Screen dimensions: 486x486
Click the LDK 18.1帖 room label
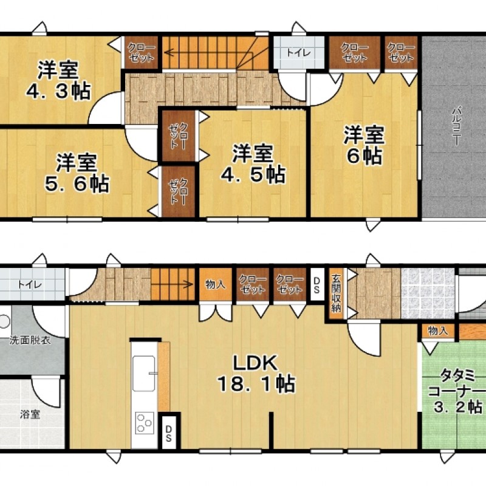[x=256, y=373]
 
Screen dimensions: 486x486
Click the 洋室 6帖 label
[x=364, y=145]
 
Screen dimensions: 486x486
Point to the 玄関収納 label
[x=336, y=291]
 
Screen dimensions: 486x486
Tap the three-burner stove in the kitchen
[x=145, y=422]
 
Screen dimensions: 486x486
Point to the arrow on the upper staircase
[x=173, y=52]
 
